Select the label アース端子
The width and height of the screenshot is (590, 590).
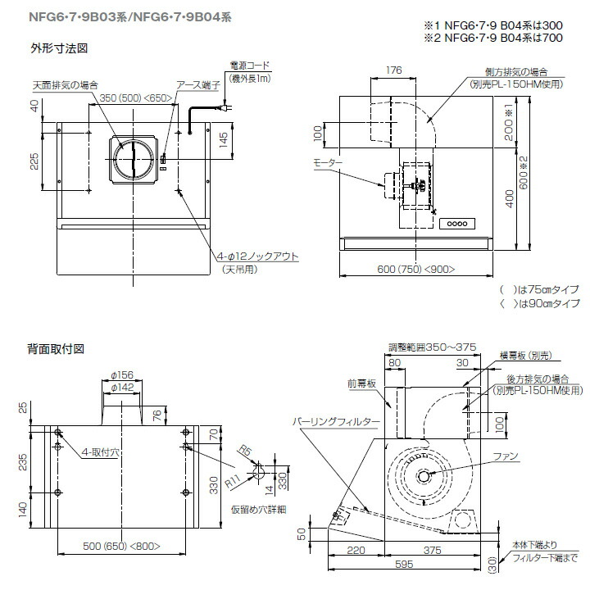coord(196,84)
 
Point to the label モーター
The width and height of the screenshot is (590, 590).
coord(328,165)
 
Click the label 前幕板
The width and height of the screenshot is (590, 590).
coord(361,382)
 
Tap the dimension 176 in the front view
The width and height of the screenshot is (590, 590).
coord(393,70)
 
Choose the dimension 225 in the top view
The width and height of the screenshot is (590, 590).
coord(34,161)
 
